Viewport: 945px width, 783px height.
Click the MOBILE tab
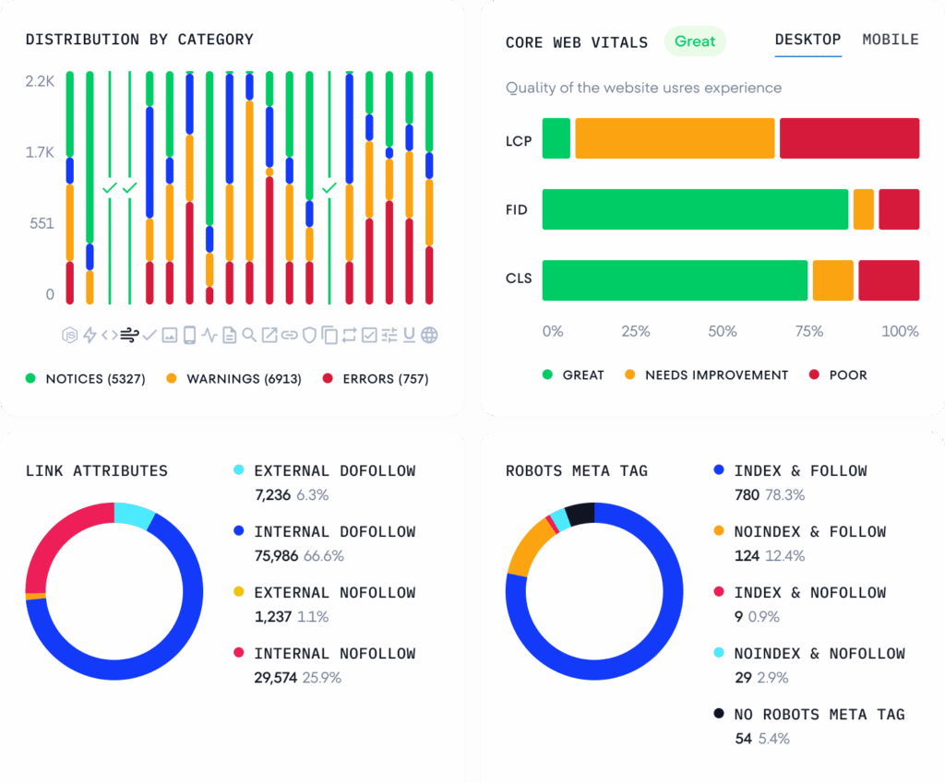(890, 40)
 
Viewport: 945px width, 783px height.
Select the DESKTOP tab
(807, 40)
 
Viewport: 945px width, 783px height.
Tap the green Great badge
(695, 42)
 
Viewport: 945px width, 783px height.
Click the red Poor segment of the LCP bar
(849, 138)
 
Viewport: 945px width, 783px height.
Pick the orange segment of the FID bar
(863, 209)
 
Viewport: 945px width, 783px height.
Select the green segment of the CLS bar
(675, 280)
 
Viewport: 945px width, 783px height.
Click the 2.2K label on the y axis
(41, 81)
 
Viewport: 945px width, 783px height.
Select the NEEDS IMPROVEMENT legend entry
(716, 375)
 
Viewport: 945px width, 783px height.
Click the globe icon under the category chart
(429, 335)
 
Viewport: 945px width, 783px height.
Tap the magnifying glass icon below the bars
(249, 335)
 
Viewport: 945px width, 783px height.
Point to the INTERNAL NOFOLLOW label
(335, 654)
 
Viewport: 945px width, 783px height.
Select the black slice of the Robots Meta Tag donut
(580, 514)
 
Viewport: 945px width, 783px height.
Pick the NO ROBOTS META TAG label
(819, 715)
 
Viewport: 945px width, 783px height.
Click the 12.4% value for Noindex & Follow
(784, 556)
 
